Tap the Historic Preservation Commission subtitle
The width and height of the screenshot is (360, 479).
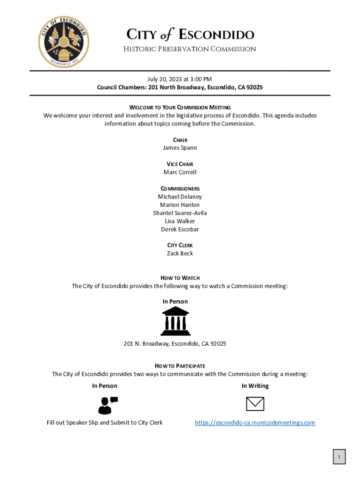pos(189,49)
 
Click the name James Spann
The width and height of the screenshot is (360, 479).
pos(180,148)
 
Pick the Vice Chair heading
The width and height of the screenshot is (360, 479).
pos(180,164)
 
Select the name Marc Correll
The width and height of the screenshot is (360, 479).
pos(180,172)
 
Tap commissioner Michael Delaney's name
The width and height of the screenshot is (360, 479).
pos(180,197)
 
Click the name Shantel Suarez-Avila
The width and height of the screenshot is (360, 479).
pos(180,213)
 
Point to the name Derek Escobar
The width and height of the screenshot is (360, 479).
pos(180,229)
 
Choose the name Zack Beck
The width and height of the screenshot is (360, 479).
pos(180,254)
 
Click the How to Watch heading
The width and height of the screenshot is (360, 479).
pos(180,278)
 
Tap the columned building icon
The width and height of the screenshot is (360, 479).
pos(175,321)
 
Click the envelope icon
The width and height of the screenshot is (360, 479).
pos(255,404)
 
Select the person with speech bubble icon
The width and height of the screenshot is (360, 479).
pos(107,405)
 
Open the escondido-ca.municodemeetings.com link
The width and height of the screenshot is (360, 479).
pos(255,423)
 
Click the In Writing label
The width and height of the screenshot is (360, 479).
pos(255,386)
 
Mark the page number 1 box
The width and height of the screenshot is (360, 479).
pos(339,457)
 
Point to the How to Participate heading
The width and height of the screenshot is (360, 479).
pos(180,366)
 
